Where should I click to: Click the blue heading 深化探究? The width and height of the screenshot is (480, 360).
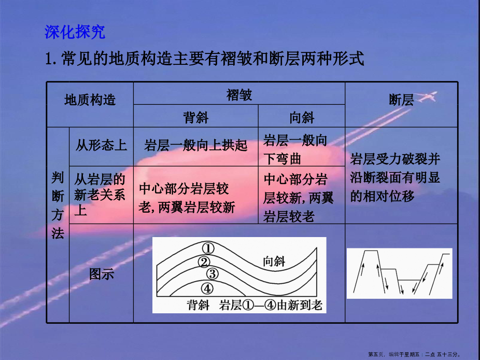tap(75, 32)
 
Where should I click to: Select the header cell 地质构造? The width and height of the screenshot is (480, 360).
tap(90, 100)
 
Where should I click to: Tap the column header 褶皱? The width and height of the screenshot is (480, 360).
tap(239, 95)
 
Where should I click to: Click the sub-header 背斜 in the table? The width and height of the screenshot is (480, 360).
tap(195, 117)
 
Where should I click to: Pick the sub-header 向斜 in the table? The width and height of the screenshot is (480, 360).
tap(302, 117)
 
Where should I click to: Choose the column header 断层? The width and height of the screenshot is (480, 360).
tap(401, 100)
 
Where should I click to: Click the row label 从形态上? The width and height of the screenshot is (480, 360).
tap(101, 145)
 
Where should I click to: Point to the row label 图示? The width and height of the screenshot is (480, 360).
tap(101, 274)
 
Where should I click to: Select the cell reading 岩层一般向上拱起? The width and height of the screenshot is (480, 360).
tap(195, 145)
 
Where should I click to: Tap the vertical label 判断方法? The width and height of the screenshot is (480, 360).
tap(58, 205)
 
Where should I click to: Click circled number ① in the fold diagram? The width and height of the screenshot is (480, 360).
tap(208, 248)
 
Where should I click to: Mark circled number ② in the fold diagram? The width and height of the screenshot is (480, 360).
tap(204, 262)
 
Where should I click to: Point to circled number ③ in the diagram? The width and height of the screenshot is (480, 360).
tap(212, 273)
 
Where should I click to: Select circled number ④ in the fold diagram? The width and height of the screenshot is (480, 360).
tap(207, 288)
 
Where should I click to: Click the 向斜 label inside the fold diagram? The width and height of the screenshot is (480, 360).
tap(274, 261)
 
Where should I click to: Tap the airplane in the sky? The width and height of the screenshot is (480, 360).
tap(427, 96)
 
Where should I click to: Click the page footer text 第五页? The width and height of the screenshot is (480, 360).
tap(376, 354)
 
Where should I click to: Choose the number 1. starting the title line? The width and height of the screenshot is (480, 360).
tap(51, 59)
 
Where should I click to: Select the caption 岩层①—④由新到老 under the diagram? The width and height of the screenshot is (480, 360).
tap(271, 305)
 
